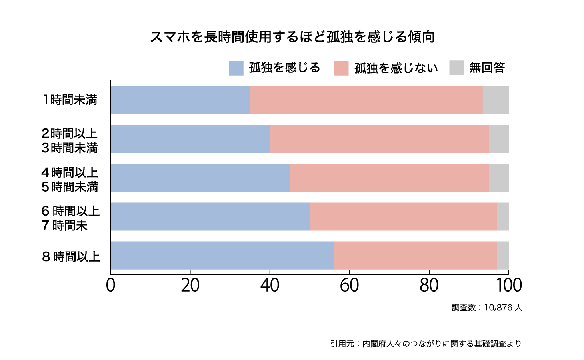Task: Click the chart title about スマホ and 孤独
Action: (292, 37)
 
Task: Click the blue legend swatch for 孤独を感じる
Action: (236, 68)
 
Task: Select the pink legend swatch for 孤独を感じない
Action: (341, 68)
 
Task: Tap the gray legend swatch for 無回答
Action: (456, 68)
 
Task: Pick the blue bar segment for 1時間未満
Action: (180, 100)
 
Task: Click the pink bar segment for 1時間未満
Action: (366, 100)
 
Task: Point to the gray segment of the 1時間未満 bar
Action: (496, 100)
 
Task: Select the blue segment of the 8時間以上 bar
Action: (222, 255)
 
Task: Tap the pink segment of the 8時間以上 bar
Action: (415, 255)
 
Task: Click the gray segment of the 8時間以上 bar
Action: (503, 255)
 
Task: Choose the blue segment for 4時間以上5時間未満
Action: (200, 178)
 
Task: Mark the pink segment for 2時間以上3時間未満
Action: (379, 139)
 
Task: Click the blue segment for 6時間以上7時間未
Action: (210, 216)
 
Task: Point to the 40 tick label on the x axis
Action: (270, 286)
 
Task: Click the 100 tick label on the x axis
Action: (509, 286)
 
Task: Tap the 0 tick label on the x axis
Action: (111, 286)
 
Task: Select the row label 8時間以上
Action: (71, 256)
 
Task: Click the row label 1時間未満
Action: (70, 100)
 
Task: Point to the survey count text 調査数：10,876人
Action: (487, 308)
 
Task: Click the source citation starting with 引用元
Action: (426, 344)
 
